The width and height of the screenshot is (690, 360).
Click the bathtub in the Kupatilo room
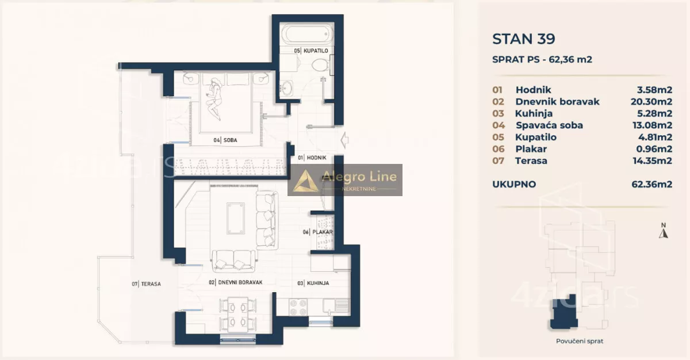pyautogui.click(x=308, y=35)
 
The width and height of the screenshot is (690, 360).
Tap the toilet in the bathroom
pyautogui.click(x=320, y=65)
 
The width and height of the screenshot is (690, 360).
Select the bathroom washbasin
pyautogui.click(x=287, y=89)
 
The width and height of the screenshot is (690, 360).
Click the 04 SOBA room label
pyautogui.click(x=225, y=140)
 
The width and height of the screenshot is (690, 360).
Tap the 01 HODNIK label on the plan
pyautogui.click(x=312, y=158)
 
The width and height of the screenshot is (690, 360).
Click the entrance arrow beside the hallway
pyautogui.click(x=344, y=140)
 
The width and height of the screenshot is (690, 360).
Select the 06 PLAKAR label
pyautogui.click(x=317, y=232)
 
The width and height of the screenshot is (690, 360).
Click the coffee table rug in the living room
pyautogui.click(x=236, y=218)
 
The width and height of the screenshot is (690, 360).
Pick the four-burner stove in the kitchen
pyautogui.click(x=298, y=307)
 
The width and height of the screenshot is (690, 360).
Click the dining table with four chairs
pyautogui.click(x=237, y=315)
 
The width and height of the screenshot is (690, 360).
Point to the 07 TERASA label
pyautogui.click(x=146, y=284)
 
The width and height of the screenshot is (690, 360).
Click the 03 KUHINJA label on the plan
pyautogui.click(x=313, y=283)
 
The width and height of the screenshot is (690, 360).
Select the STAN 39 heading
pyautogui.click(x=524, y=39)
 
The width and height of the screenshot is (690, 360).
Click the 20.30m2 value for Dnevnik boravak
pyautogui.click(x=651, y=102)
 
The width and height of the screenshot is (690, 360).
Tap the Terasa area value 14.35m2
pyautogui.click(x=652, y=161)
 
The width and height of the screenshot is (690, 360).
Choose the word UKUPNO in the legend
pyautogui.click(x=514, y=184)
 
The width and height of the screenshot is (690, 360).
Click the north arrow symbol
pyautogui.click(x=663, y=231)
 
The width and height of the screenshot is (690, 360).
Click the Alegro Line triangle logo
pyautogui.click(x=305, y=181)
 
